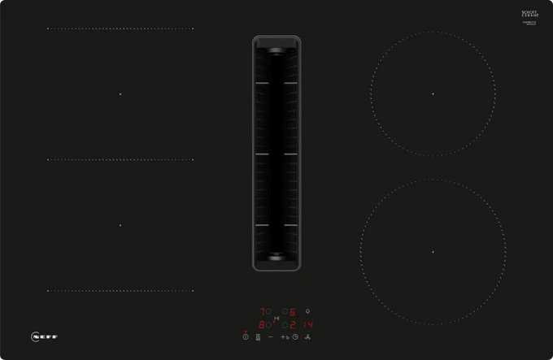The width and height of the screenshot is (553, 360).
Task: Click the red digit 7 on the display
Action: (x=263, y=311)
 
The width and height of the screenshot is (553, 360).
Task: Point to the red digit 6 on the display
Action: (x=292, y=311)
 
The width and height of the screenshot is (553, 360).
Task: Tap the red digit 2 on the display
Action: (x=292, y=324)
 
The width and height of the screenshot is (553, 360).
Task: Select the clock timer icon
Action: (x=295, y=336)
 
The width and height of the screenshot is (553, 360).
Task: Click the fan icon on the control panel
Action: (x=308, y=336)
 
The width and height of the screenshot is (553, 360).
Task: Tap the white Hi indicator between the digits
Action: (x=277, y=318)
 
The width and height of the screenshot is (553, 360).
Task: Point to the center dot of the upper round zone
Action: (x=433, y=94)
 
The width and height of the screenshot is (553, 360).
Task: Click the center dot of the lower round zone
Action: (x=433, y=252)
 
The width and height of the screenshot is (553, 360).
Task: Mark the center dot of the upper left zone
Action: (x=120, y=94)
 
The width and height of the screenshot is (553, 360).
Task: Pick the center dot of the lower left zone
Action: (x=120, y=225)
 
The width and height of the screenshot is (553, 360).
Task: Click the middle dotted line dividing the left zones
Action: (x=120, y=159)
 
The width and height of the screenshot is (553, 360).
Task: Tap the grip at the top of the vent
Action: (x=276, y=50)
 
